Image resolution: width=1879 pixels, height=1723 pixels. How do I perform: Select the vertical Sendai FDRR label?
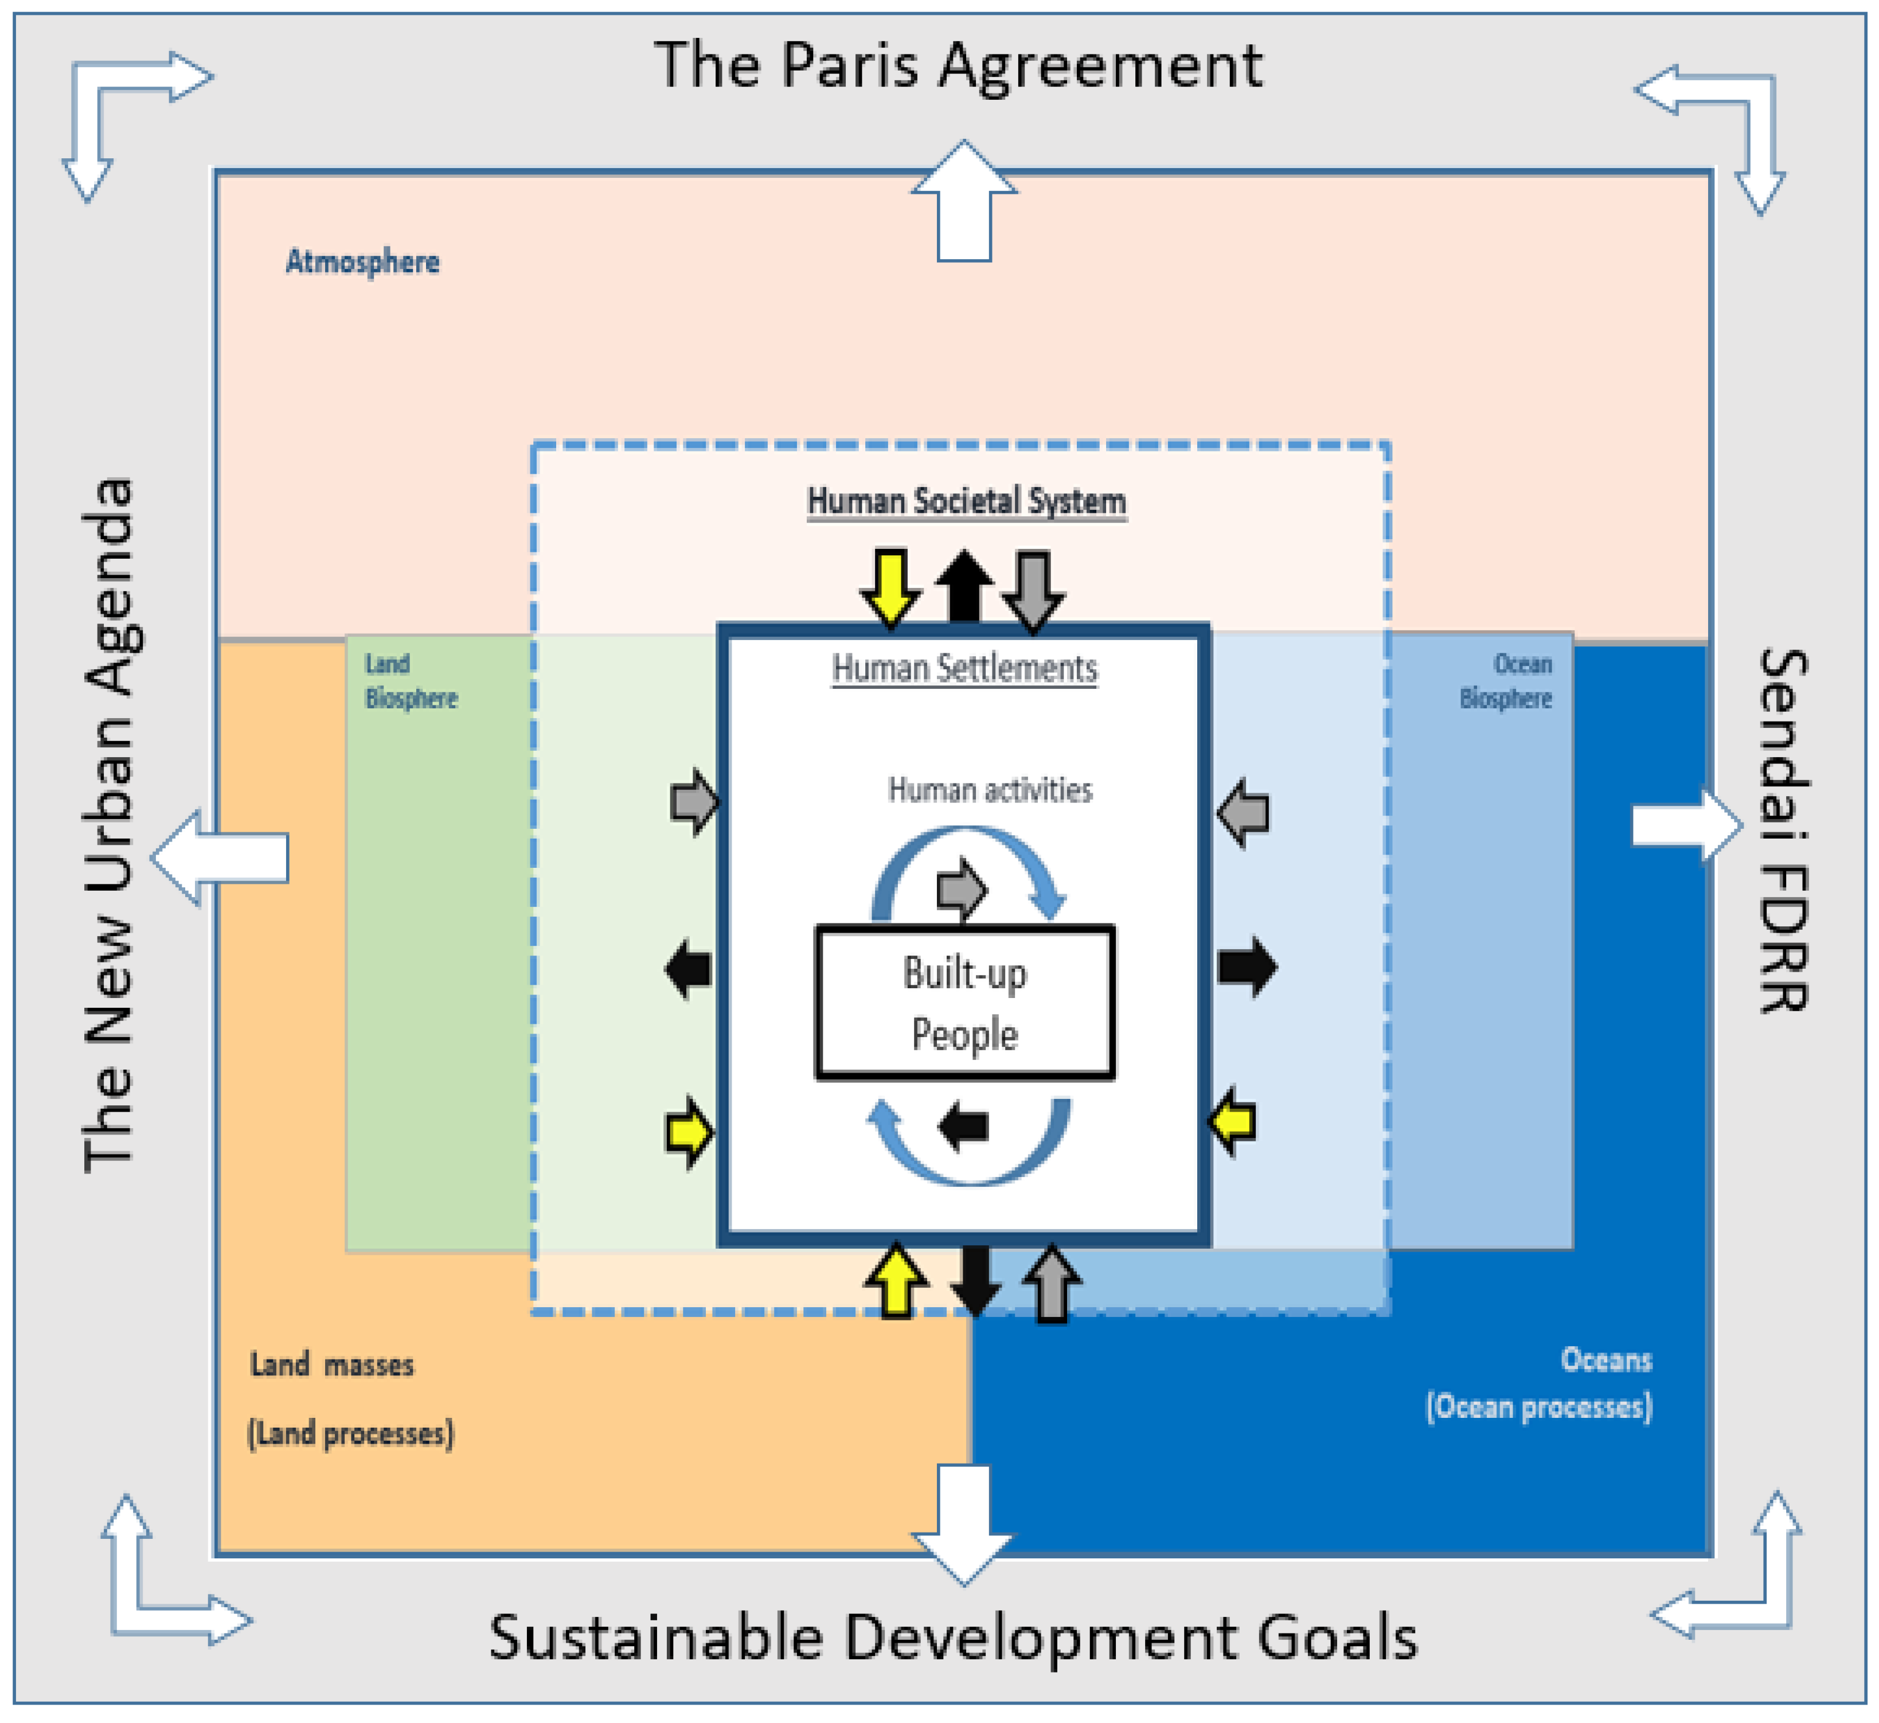coord(1782,830)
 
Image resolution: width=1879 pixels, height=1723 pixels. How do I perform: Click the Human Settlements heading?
coord(964,669)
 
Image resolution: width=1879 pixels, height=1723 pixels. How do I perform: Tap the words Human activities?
coord(989,790)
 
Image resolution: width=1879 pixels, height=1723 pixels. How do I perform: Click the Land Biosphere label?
coord(410,681)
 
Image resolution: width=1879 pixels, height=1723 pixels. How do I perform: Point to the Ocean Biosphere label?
coord(1506,681)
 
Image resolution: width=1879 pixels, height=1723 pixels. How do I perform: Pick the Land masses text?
coord(332,1365)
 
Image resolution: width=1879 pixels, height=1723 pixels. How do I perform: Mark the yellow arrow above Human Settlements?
coord(890,587)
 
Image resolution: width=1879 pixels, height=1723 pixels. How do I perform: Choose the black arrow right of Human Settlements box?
coord(1246,967)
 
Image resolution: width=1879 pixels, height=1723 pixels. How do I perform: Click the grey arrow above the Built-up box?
coord(961,888)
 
